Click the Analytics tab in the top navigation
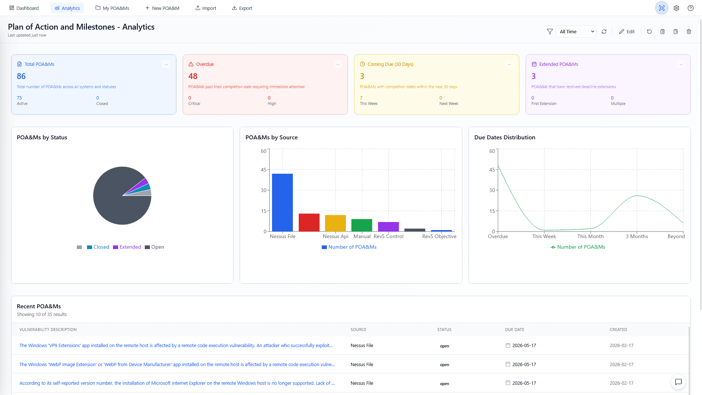coord(67,8)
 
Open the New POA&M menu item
coord(162,8)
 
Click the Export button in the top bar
coord(242,8)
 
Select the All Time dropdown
coord(576,31)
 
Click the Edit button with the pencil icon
coord(627,31)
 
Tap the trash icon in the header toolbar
coord(689,31)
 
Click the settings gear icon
coord(676,8)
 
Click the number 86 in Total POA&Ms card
coord(21,76)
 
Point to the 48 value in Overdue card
coord(193,76)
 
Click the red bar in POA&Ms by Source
coord(309,222)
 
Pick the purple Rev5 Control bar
coord(388,226)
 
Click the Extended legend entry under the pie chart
coord(127,247)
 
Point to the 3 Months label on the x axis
coord(637,236)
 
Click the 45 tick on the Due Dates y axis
coord(492,170)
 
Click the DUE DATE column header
coord(514,330)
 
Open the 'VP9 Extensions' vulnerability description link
coord(176,345)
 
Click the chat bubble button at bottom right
coord(678,382)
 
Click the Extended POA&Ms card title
coord(558,64)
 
